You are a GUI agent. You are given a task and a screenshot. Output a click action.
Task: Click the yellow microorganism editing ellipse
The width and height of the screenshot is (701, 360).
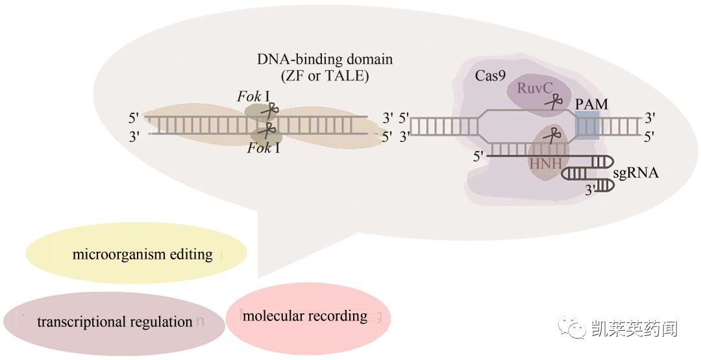click(136, 253)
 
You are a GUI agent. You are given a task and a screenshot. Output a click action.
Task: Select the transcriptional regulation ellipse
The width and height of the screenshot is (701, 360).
click(114, 322)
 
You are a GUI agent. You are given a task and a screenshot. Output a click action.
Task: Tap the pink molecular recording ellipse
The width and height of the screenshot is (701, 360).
click(308, 316)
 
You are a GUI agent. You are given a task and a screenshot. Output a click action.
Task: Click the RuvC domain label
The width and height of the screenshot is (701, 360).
click(533, 88)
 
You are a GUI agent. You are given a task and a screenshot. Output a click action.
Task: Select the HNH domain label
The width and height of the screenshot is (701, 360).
click(545, 163)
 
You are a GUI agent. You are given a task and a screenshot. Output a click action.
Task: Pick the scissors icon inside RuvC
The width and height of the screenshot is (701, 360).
click(553, 101)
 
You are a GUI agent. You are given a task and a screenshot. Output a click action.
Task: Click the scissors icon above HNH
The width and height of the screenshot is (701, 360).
click(552, 136)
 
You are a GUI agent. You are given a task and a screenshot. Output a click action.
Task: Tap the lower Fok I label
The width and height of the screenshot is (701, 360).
click(264, 149)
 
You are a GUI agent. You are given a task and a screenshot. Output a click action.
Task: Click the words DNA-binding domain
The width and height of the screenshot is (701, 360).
click(325, 59)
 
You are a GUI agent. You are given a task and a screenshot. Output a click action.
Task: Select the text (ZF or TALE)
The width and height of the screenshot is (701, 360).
click(325, 76)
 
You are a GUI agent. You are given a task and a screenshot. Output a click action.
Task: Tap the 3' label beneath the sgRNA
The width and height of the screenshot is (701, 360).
click(589, 191)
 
